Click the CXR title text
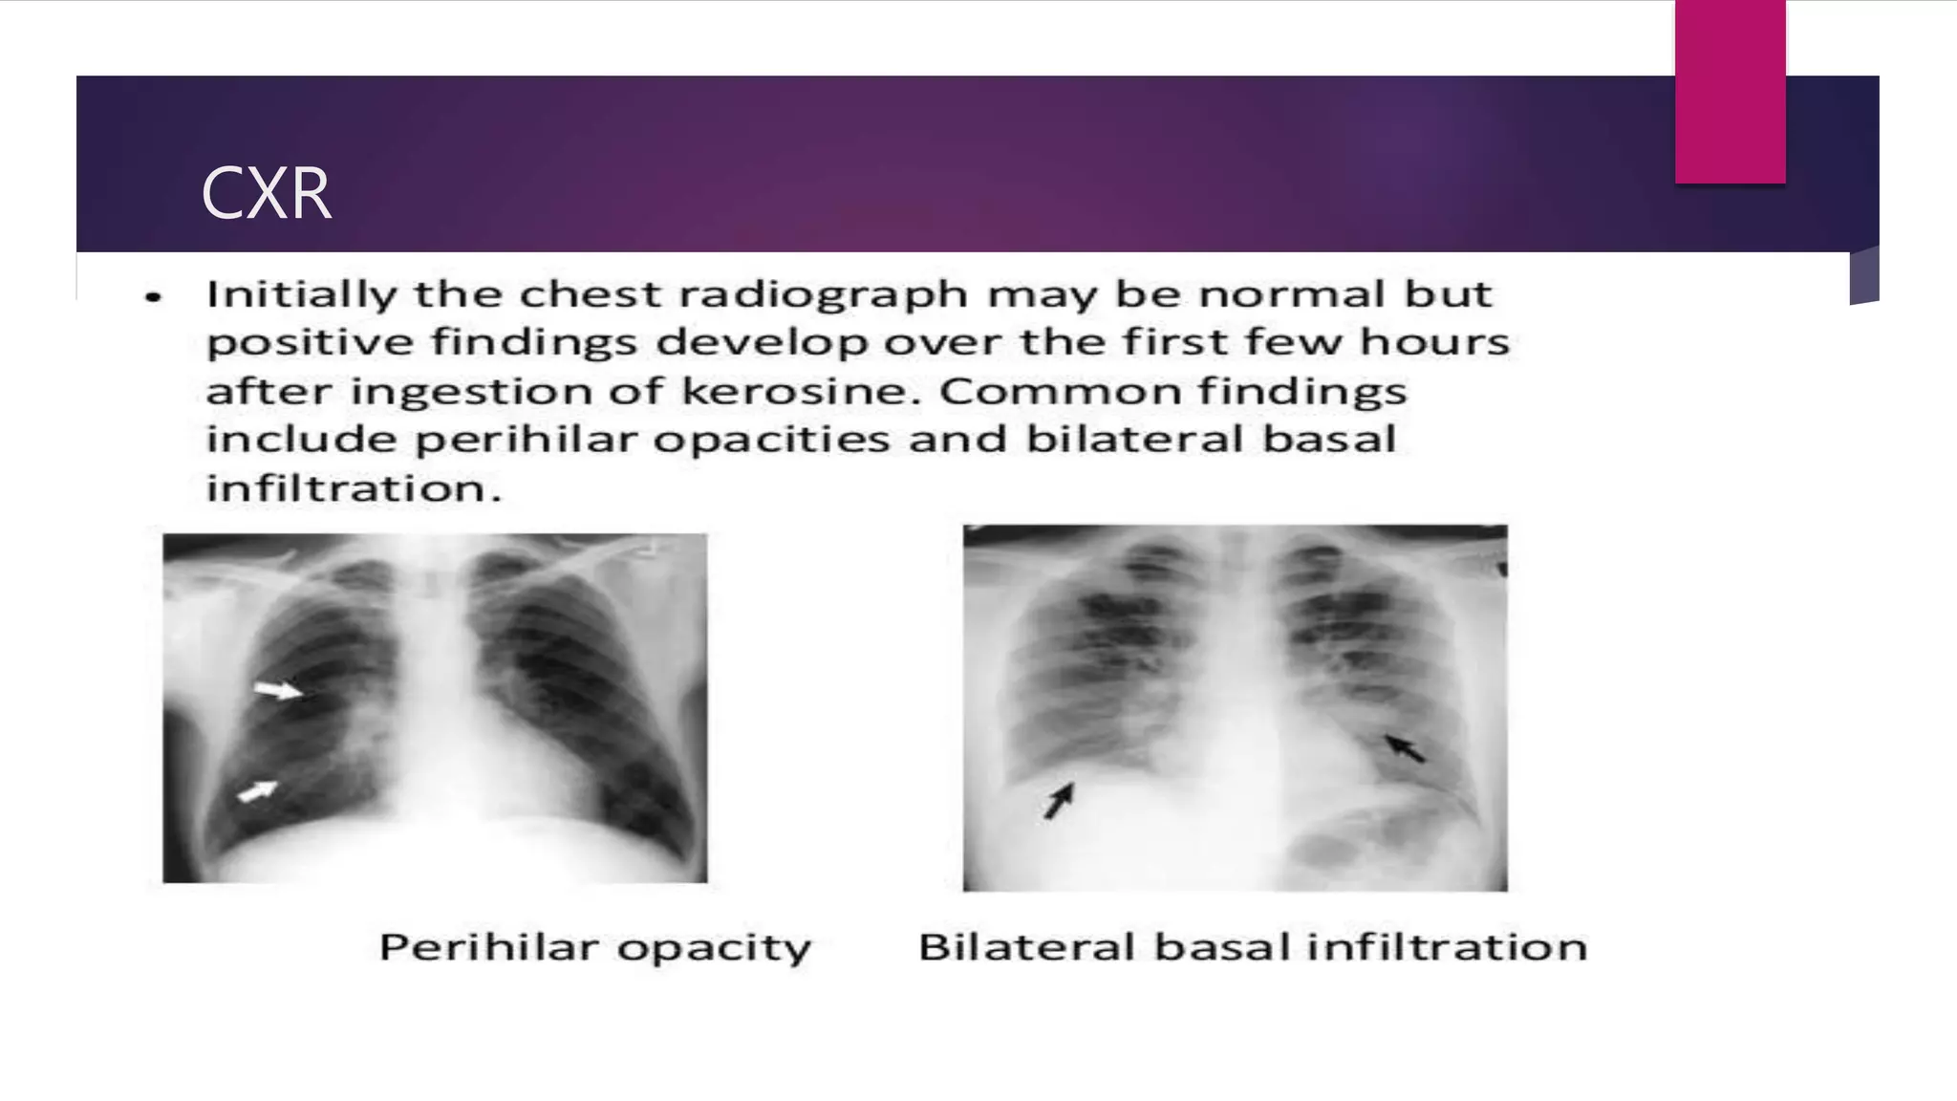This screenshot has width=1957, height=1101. coord(266,193)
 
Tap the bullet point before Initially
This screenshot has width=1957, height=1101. coord(154,297)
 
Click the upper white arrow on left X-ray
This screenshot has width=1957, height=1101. coord(277,689)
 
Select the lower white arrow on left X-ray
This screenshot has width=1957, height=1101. coord(257,790)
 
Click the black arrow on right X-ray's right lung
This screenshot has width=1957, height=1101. coord(1405,747)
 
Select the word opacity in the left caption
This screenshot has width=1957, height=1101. coord(714,948)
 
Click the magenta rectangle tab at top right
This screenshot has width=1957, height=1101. coord(1730,92)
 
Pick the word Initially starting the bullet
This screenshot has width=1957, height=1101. coord(301,294)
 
